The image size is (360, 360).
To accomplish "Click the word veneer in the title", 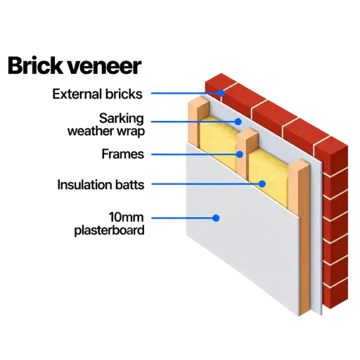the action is click(x=104, y=67).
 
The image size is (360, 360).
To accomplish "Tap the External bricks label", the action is click(x=97, y=94).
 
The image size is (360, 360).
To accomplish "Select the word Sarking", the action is click(x=122, y=119).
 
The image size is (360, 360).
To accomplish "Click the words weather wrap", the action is click(x=106, y=131).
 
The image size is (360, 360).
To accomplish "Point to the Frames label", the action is click(x=123, y=154).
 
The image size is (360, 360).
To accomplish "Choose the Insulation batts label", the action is click(x=101, y=185).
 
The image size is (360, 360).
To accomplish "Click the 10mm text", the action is click(x=127, y=217).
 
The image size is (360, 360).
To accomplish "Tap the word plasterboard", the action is click(x=109, y=231).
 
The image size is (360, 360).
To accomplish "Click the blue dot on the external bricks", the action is click(x=221, y=93).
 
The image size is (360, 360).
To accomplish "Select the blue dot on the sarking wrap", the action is click(x=238, y=122).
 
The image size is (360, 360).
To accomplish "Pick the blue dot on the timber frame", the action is click(x=240, y=155).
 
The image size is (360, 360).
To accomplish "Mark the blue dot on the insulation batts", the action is click(x=262, y=184).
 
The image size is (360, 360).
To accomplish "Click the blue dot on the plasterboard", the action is click(x=216, y=218).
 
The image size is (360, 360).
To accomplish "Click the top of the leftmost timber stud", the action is click(x=199, y=102).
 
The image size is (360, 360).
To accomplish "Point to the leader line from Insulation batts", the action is click(x=205, y=184).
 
